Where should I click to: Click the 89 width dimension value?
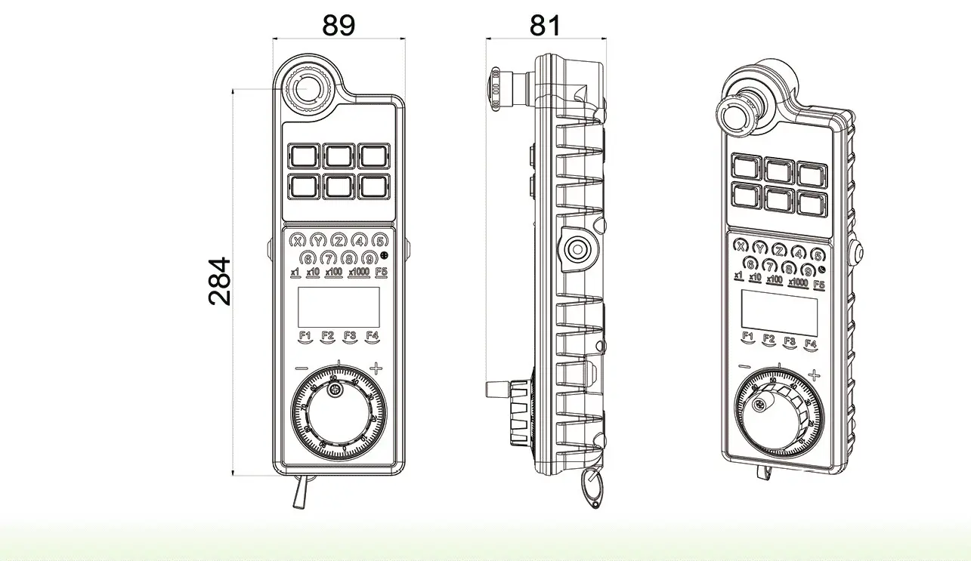339,25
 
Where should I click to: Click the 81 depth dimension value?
545,25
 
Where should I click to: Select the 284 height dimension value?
220,282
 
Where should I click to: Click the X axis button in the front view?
298,242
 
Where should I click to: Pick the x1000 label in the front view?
359,273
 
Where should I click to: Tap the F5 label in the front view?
382,273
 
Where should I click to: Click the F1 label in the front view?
305,336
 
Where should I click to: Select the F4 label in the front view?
372,336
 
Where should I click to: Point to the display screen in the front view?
339,307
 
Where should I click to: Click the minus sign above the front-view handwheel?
302,368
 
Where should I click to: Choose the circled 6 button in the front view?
308,258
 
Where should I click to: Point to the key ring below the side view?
593,490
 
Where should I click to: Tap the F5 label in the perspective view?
818,285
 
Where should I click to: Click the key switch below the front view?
299,494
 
